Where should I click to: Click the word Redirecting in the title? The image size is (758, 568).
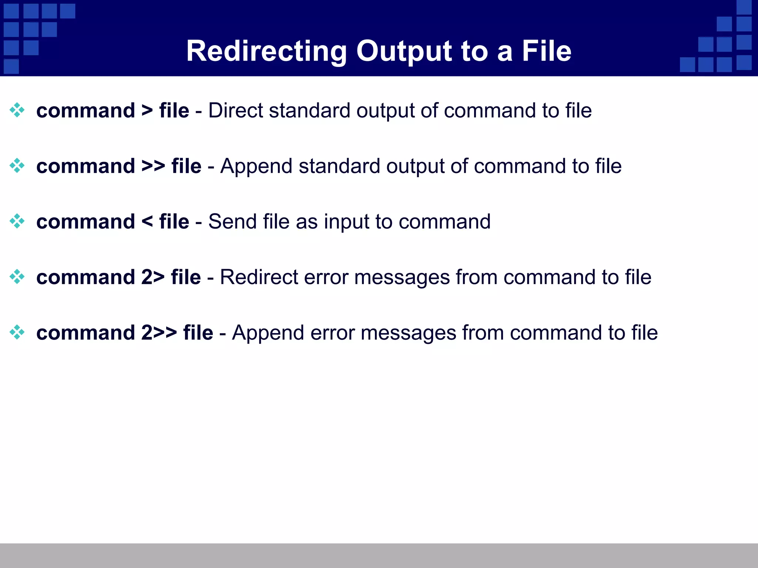tap(266, 51)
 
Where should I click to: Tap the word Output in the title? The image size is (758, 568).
tap(404, 51)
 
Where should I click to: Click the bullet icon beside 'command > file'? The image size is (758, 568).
tap(17, 110)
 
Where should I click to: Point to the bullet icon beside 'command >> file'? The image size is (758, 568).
tap(17, 166)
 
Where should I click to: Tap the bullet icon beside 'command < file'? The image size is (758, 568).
tap(17, 221)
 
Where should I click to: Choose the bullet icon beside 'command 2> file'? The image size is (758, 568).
tap(17, 277)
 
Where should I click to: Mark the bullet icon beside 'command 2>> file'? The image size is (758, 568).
tap(17, 332)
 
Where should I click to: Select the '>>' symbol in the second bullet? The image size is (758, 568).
tap(153, 166)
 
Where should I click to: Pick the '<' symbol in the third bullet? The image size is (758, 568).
tap(147, 222)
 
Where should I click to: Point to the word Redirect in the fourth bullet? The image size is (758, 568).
tap(259, 277)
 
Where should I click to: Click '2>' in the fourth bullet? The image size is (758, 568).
tap(153, 277)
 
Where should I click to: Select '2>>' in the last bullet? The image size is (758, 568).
tap(159, 332)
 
